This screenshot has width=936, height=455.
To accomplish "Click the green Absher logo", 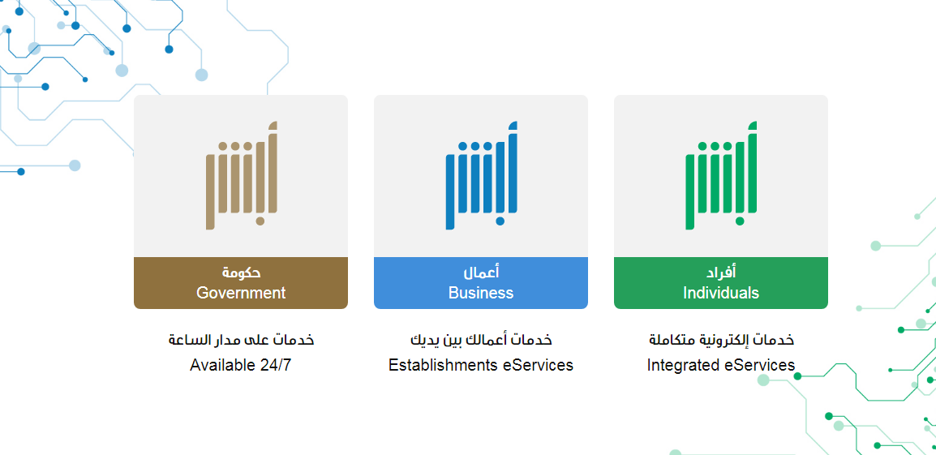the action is click(721, 175).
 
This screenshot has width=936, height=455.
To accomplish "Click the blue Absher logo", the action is click(481, 175).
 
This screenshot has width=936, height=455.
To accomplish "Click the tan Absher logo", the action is click(241, 175).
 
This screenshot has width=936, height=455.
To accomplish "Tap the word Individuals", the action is click(721, 293).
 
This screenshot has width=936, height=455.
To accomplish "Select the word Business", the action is click(480, 293).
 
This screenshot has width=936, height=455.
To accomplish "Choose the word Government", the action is click(241, 293).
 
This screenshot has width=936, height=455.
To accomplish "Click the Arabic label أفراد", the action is click(721, 273).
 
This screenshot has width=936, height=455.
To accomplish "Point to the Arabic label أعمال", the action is click(481, 273).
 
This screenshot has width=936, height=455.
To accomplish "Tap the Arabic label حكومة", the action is click(241, 273).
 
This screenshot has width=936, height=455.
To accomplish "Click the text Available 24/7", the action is click(241, 365).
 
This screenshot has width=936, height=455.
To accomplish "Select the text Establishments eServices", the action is click(480, 365).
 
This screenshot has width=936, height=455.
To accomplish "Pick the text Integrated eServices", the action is click(721, 365).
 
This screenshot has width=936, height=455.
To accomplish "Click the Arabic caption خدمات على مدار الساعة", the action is click(241, 340).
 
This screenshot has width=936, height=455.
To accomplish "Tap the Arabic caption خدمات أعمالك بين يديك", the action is click(481, 340).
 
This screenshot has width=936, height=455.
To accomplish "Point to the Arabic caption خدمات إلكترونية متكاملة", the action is click(721, 340).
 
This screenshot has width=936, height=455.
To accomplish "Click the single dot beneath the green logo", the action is click(741, 221).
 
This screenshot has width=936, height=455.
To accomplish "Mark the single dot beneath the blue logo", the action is click(500, 221).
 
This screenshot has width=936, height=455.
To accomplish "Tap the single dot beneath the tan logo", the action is click(260, 221).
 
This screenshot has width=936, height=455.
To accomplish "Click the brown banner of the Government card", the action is click(241, 283).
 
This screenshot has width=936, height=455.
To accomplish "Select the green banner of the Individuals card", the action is click(721, 283).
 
